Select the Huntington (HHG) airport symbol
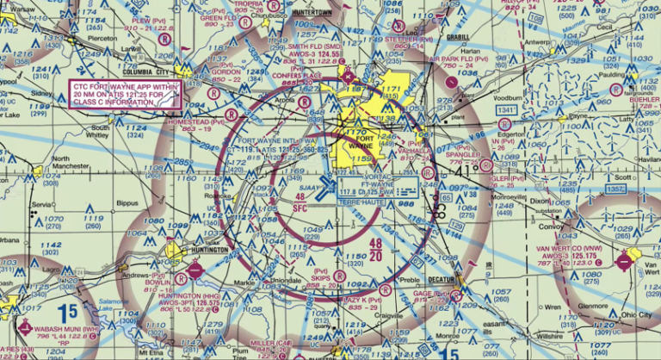point(196,270)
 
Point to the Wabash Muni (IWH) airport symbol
point(23,326)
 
